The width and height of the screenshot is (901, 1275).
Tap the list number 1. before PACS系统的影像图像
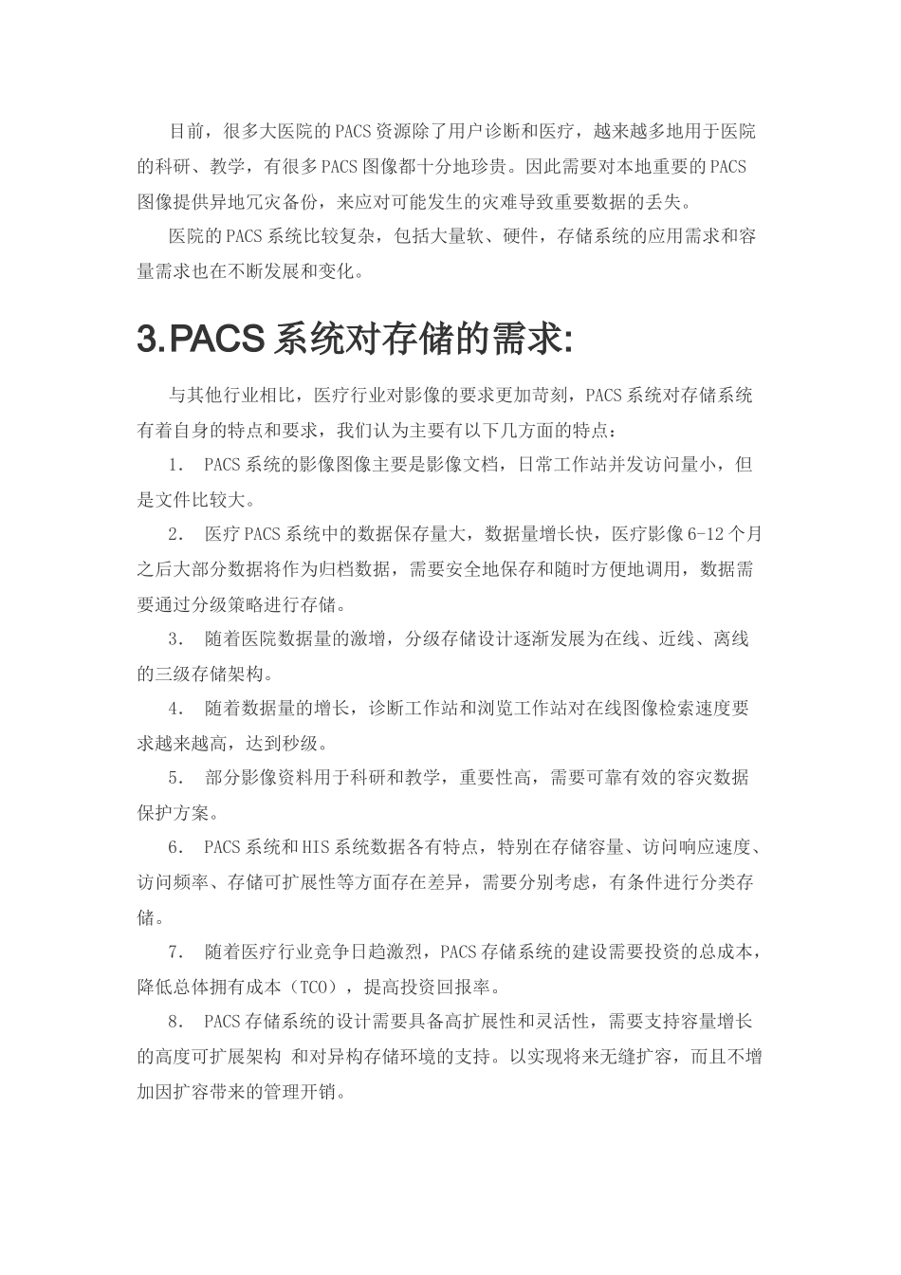click(175, 465)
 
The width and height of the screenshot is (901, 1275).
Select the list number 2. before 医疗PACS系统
click(175, 534)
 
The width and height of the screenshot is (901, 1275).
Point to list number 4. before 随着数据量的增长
click(175, 709)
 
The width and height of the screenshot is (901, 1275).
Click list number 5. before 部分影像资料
click(175, 778)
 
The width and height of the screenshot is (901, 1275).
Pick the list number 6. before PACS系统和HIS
click(175, 847)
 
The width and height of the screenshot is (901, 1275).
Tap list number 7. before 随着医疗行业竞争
click(175, 952)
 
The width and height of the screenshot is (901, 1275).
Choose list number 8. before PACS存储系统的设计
click(175, 1022)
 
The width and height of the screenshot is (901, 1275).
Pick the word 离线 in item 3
click(731, 639)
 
